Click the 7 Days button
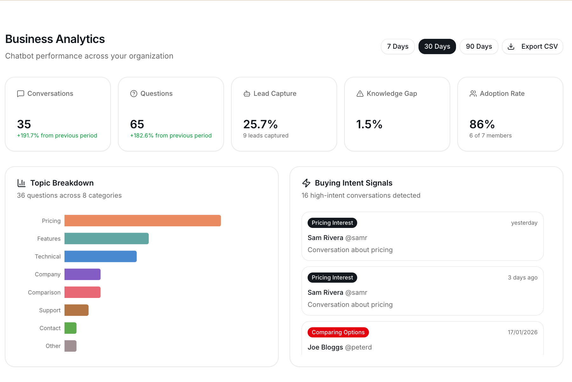point(398,46)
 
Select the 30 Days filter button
point(437,46)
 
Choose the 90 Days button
point(479,46)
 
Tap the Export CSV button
point(532,46)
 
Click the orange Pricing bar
point(142,221)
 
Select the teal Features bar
point(106,238)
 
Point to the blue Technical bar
point(100,256)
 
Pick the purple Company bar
point(82,274)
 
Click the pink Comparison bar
point(82,292)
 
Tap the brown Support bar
point(76,310)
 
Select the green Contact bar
point(70,328)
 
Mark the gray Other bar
point(70,346)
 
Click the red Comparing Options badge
point(338,332)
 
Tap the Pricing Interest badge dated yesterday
point(332,223)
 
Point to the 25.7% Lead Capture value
point(260,124)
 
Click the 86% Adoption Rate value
point(482,124)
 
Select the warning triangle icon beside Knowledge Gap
point(360,94)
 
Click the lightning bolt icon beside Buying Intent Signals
point(306,183)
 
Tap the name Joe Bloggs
point(325,347)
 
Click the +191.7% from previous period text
point(57,136)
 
